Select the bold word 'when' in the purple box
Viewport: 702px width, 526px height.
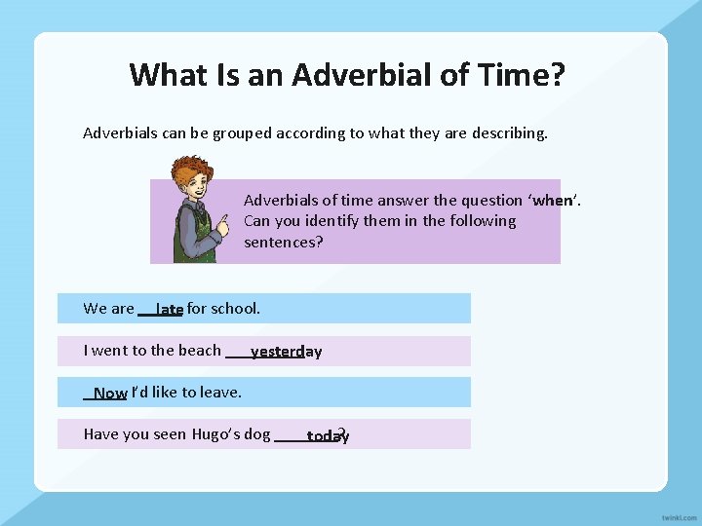(x=554, y=201)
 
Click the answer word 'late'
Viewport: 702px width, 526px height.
(x=170, y=310)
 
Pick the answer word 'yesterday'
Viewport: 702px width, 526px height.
(x=286, y=352)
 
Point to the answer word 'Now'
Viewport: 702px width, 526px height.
(x=110, y=394)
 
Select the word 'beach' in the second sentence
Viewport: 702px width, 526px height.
(x=200, y=351)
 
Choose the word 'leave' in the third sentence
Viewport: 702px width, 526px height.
(x=219, y=393)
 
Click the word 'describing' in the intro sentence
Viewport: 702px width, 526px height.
(x=510, y=132)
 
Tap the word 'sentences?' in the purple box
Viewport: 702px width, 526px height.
(x=283, y=242)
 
